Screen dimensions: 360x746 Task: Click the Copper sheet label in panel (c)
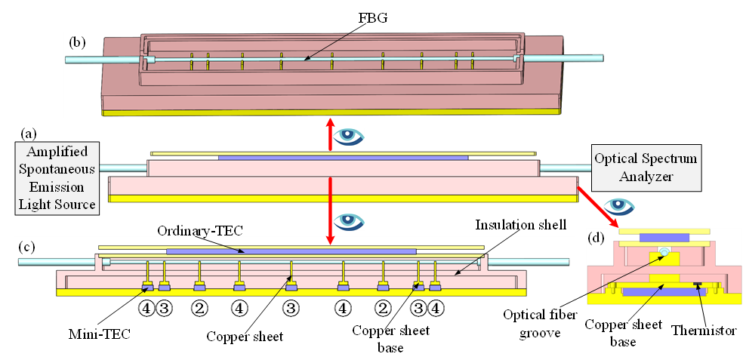pos(245,337)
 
